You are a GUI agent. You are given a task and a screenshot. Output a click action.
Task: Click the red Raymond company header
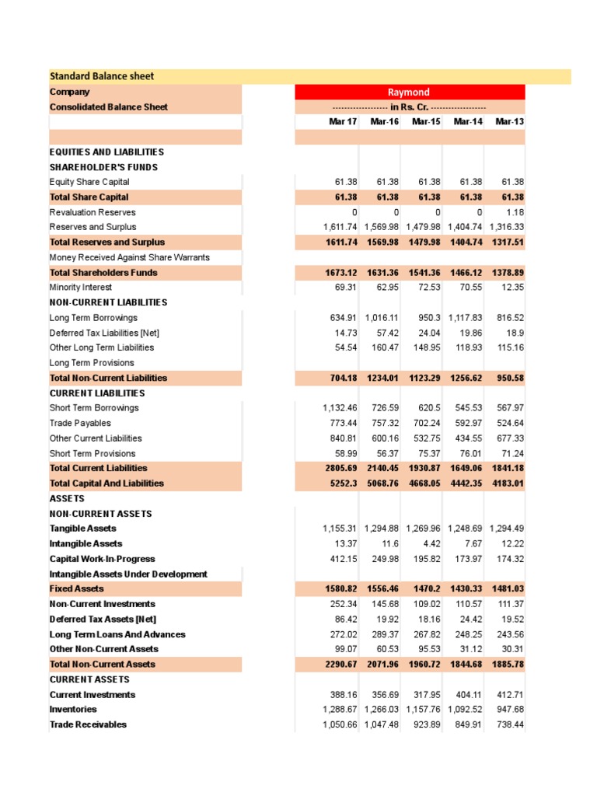pyautogui.click(x=410, y=92)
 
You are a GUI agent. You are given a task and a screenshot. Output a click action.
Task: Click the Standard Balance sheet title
pyautogui.click(x=102, y=76)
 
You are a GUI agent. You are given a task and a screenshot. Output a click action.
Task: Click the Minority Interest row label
pyautogui.click(x=81, y=288)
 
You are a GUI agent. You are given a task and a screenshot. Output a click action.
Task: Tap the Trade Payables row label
pyautogui.click(x=80, y=424)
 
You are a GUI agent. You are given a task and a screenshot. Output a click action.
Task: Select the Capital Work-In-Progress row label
pyautogui.click(x=102, y=559)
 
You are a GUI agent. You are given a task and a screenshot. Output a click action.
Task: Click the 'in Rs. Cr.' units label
pyautogui.click(x=410, y=107)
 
